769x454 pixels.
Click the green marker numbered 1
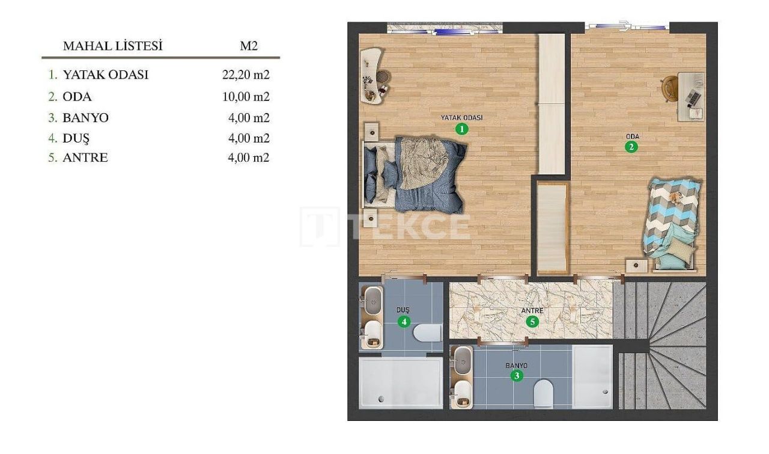click(x=461, y=129)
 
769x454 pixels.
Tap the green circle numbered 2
click(x=631, y=147)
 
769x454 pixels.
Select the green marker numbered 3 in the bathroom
click(x=516, y=376)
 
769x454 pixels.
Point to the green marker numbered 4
click(x=404, y=322)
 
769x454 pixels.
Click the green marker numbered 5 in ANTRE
click(x=532, y=321)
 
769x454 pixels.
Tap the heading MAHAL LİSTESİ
click(x=113, y=46)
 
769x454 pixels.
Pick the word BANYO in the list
click(x=85, y=117)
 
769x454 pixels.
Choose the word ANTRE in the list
click(x=85, y=158)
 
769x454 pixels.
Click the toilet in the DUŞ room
click(x=428, y=332)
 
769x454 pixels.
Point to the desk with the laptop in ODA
click(x=691, y=96)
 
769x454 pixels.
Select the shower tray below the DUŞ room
click(x=400, y=383)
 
